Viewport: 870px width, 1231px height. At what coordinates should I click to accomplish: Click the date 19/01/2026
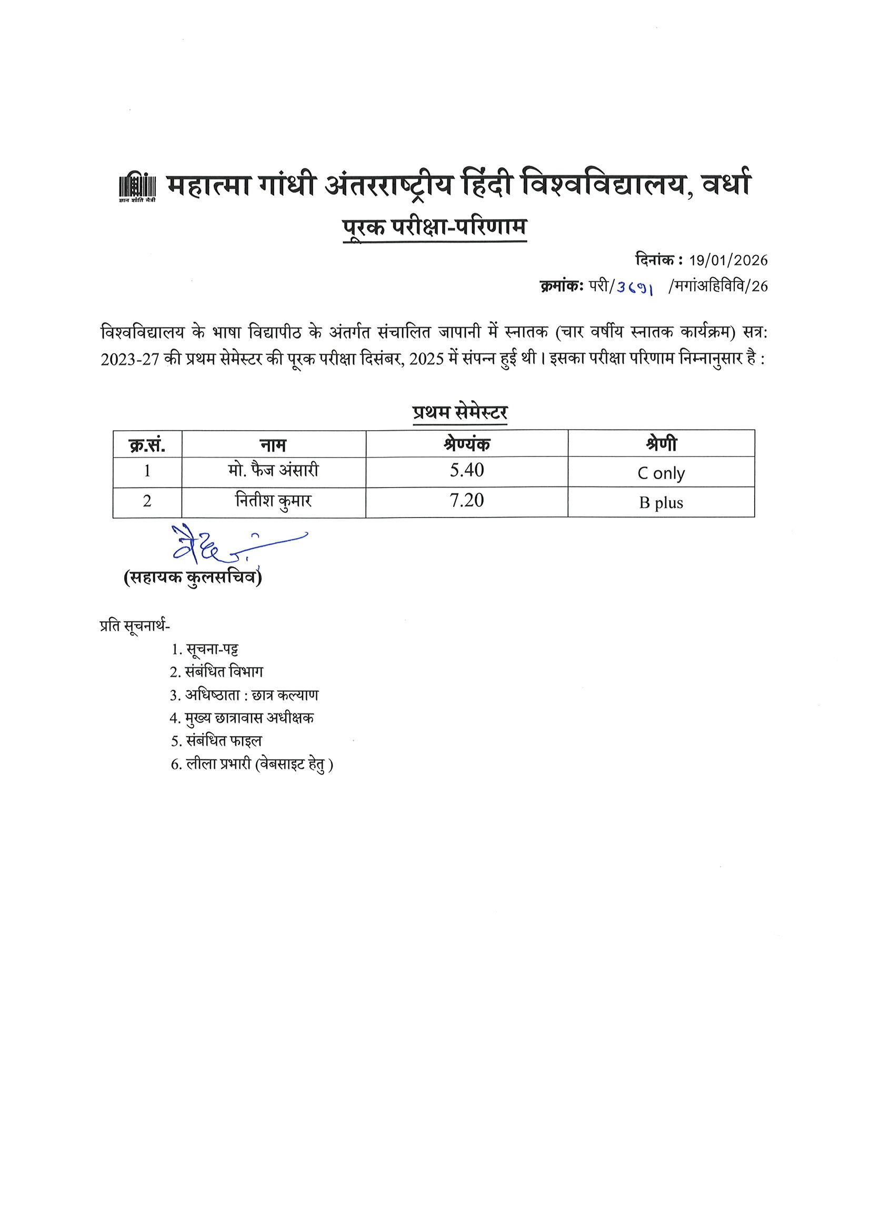click(728, 261)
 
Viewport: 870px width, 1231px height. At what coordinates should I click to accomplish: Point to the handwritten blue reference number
click(635, 288)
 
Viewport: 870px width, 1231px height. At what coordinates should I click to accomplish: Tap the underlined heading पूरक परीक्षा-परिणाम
click(435, 227)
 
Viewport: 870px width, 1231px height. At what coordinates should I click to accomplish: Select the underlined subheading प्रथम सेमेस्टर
click(460, 412)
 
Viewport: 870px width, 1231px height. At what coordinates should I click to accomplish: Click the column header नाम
click(273, 444)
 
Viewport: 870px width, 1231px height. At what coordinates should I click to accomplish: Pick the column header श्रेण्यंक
click(466, 444)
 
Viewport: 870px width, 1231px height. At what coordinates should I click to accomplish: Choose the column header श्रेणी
click(661, 444)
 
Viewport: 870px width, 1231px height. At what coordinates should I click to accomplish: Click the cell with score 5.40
click(466, 471)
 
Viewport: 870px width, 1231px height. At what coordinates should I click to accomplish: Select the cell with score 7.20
click(466, 501)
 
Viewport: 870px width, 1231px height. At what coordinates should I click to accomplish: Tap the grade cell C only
click(661, 473)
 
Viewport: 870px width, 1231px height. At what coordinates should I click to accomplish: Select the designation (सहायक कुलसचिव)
click(193, 578)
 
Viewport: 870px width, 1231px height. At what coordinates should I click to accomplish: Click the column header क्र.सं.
click(147, 444)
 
